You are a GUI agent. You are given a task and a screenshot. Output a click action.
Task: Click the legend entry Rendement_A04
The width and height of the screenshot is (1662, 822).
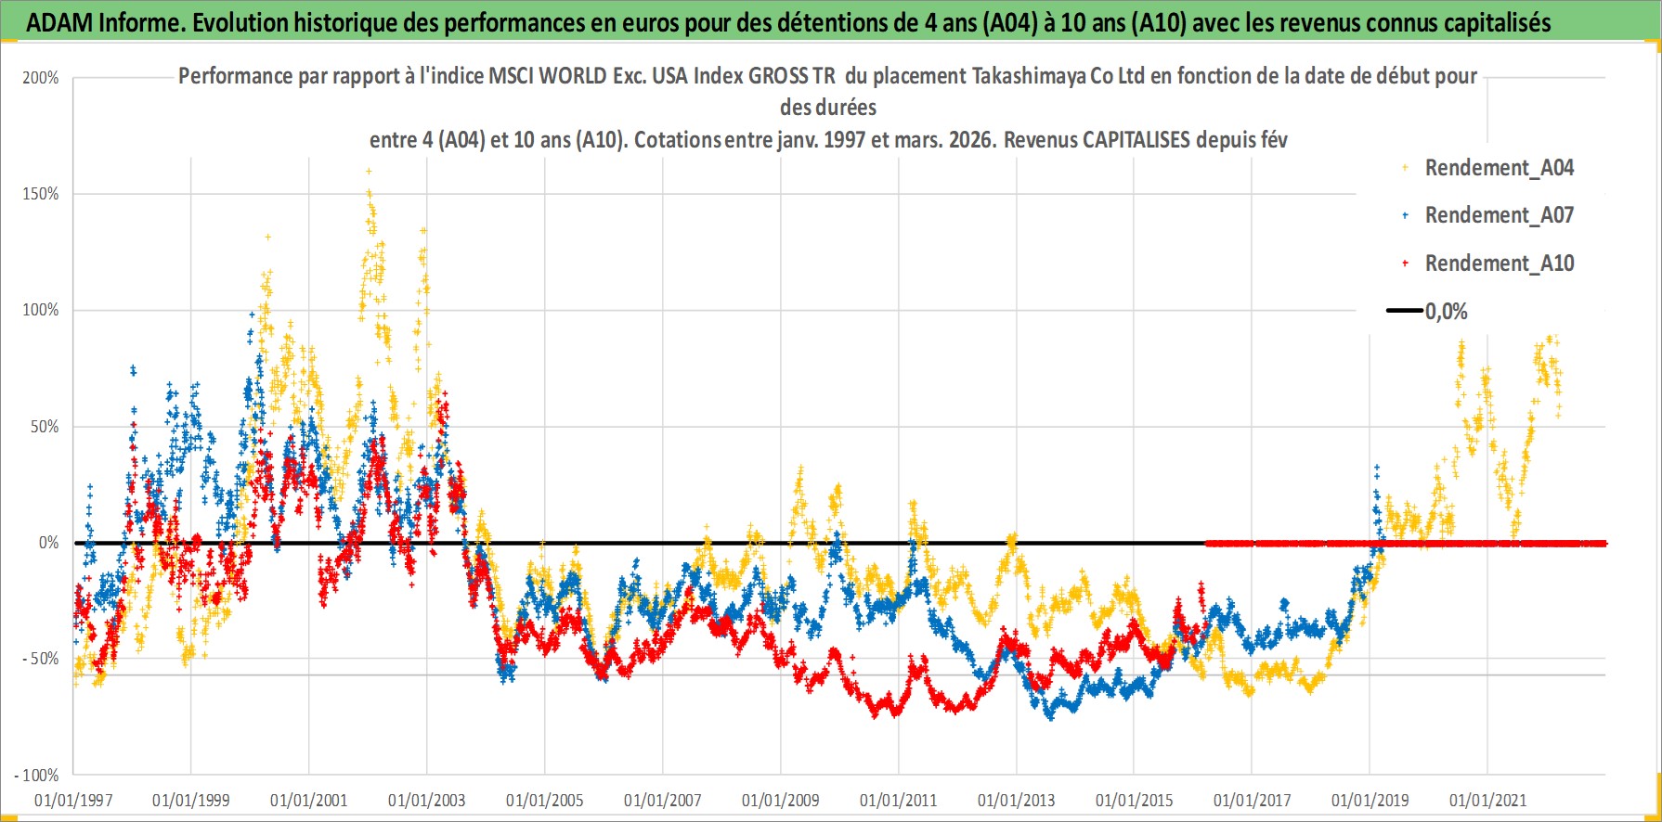click(x=1499, y=168)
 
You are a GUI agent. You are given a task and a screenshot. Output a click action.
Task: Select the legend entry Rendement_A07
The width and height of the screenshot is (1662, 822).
click(x=1499, y=215)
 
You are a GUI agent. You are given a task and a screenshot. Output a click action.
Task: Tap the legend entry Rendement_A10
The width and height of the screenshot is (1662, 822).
click(x=1499, y=263)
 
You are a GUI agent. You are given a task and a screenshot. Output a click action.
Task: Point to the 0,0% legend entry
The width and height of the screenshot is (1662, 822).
click(x=1446, y=312)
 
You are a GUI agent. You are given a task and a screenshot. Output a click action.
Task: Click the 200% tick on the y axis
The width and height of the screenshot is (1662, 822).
click(x=41, y=78)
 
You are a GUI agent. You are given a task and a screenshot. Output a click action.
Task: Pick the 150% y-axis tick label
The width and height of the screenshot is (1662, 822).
click(x=41, y=194)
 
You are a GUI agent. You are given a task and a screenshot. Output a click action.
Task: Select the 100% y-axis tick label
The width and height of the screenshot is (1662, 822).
click(x=41, y=310)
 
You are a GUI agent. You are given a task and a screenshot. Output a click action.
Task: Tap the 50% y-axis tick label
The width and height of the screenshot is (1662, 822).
click(x=45, y=427)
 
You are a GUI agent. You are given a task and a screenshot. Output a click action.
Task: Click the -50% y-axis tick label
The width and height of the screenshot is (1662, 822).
click(x=41, y=659)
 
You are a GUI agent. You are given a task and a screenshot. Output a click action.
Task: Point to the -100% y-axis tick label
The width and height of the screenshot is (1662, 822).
click(x=37, y=775)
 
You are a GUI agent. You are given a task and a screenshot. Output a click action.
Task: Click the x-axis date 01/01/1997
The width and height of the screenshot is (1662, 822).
click(x=73, y=800)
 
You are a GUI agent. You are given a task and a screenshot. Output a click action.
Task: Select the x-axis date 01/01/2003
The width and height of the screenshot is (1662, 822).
click(x=427, y=800)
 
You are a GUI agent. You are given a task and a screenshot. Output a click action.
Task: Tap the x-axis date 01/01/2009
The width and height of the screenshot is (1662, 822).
click(x=781, y=800)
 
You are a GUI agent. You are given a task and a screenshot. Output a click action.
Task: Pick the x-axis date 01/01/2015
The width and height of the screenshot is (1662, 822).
click(x=1134, y=800)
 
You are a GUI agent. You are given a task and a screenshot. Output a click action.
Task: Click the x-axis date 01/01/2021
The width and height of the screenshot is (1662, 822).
click(x=1487, y=800)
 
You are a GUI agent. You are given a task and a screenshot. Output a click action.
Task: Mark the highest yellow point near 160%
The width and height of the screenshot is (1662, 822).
click(x=369, y=171)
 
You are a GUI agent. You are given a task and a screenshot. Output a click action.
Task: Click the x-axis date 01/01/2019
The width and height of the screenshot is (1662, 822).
click(x=1370, y=800)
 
